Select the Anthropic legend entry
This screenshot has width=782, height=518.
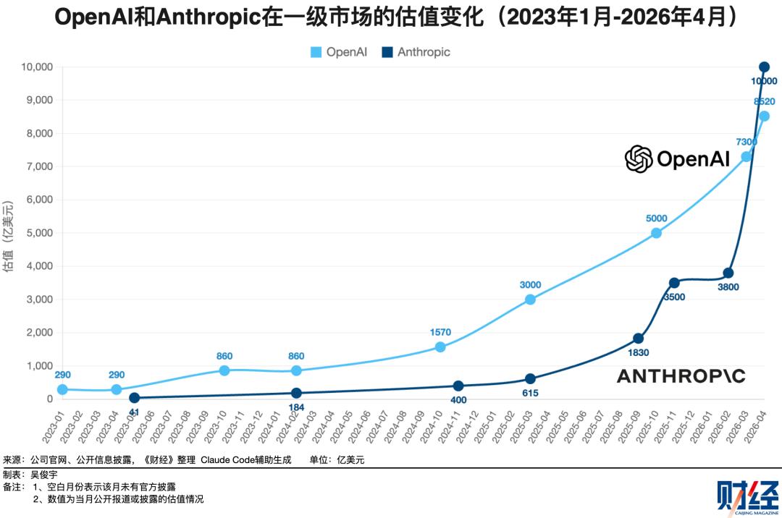pyautogui.click(x=416, y=52)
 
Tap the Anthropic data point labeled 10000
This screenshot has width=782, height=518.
pyautogui.click(x=764, y=67)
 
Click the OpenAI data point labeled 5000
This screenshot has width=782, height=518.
pyautogui.click(x=656, y=233)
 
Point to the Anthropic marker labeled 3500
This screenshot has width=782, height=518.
pyautogui.click(x=674, y=283)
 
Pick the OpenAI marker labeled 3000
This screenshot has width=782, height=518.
pyautogui.click(x=530, y=300)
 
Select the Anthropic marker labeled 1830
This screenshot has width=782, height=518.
pyautogui.click(x=638, y=339)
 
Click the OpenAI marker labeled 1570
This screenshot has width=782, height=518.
pyautogui.click(x=440, y=347)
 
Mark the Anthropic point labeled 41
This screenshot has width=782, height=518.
pyautogui.click(x=134, y=398)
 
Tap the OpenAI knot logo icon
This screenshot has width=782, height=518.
pyautogui.click(x=639, y=158)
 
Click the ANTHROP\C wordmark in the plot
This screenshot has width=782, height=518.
pyautogui.click(x=681, y=375)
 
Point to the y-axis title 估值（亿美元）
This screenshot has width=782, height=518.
pyautogui.click(x=9, y=233)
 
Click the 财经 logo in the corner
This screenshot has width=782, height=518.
pyautogui.click(x=741, y=495)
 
